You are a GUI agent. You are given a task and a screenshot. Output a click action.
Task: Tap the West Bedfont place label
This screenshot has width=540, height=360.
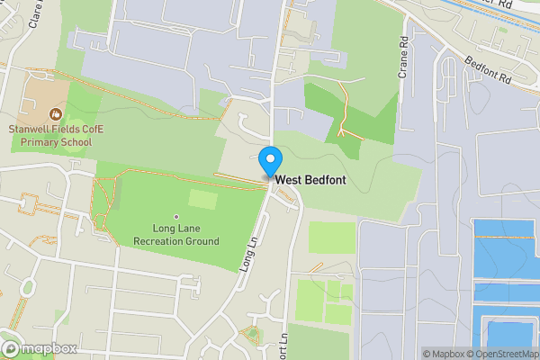[x=310, y=180]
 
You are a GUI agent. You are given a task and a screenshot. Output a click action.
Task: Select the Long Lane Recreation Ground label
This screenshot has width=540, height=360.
[x=176, y=235]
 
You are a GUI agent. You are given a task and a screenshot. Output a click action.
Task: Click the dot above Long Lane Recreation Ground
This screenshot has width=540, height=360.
[x=176, y=217]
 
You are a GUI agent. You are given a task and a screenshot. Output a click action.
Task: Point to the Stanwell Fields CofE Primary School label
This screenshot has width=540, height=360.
[x=56, y=136]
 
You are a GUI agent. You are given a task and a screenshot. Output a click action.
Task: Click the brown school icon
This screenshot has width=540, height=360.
[x=56, y=114]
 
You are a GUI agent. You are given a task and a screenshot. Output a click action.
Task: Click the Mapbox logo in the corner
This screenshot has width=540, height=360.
[x=40, y=349]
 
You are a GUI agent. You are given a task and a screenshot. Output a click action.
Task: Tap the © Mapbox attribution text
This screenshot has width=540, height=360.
[x=446, y=354]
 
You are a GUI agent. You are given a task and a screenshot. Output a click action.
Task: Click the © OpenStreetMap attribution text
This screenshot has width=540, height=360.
[x=505, y=354]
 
